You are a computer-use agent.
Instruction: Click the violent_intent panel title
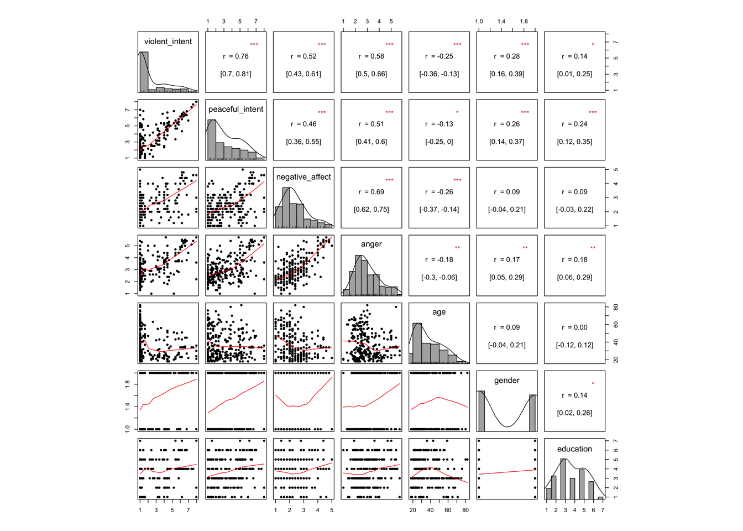[x=168, y=41]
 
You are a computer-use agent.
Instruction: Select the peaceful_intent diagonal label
[x=236, y=109]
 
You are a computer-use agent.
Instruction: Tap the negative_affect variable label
[x=304, y=177]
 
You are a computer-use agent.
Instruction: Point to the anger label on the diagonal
[x=371, y=244]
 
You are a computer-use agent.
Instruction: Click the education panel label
[x=574, y=449]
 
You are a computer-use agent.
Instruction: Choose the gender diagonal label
[x=506, y=381]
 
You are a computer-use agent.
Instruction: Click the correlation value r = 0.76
[x=236, y=56]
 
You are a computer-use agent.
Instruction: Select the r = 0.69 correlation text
[x=371, y=192]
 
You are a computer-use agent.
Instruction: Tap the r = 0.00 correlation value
[x=574, y=327]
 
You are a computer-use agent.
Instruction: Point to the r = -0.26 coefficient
[x=439, y=192]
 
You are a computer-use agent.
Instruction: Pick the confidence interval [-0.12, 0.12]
[x=574, y=345]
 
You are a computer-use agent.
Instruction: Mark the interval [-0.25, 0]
[x=439, y=142]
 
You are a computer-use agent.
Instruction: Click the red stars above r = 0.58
[x=390, y=44]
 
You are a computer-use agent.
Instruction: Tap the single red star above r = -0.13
[x=457, y=112]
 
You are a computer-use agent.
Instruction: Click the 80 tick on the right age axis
[x=615, y=307]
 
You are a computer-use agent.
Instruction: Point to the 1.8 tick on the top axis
[x=524, y=22]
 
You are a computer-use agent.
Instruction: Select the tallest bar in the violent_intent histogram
[x=144, y=72]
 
